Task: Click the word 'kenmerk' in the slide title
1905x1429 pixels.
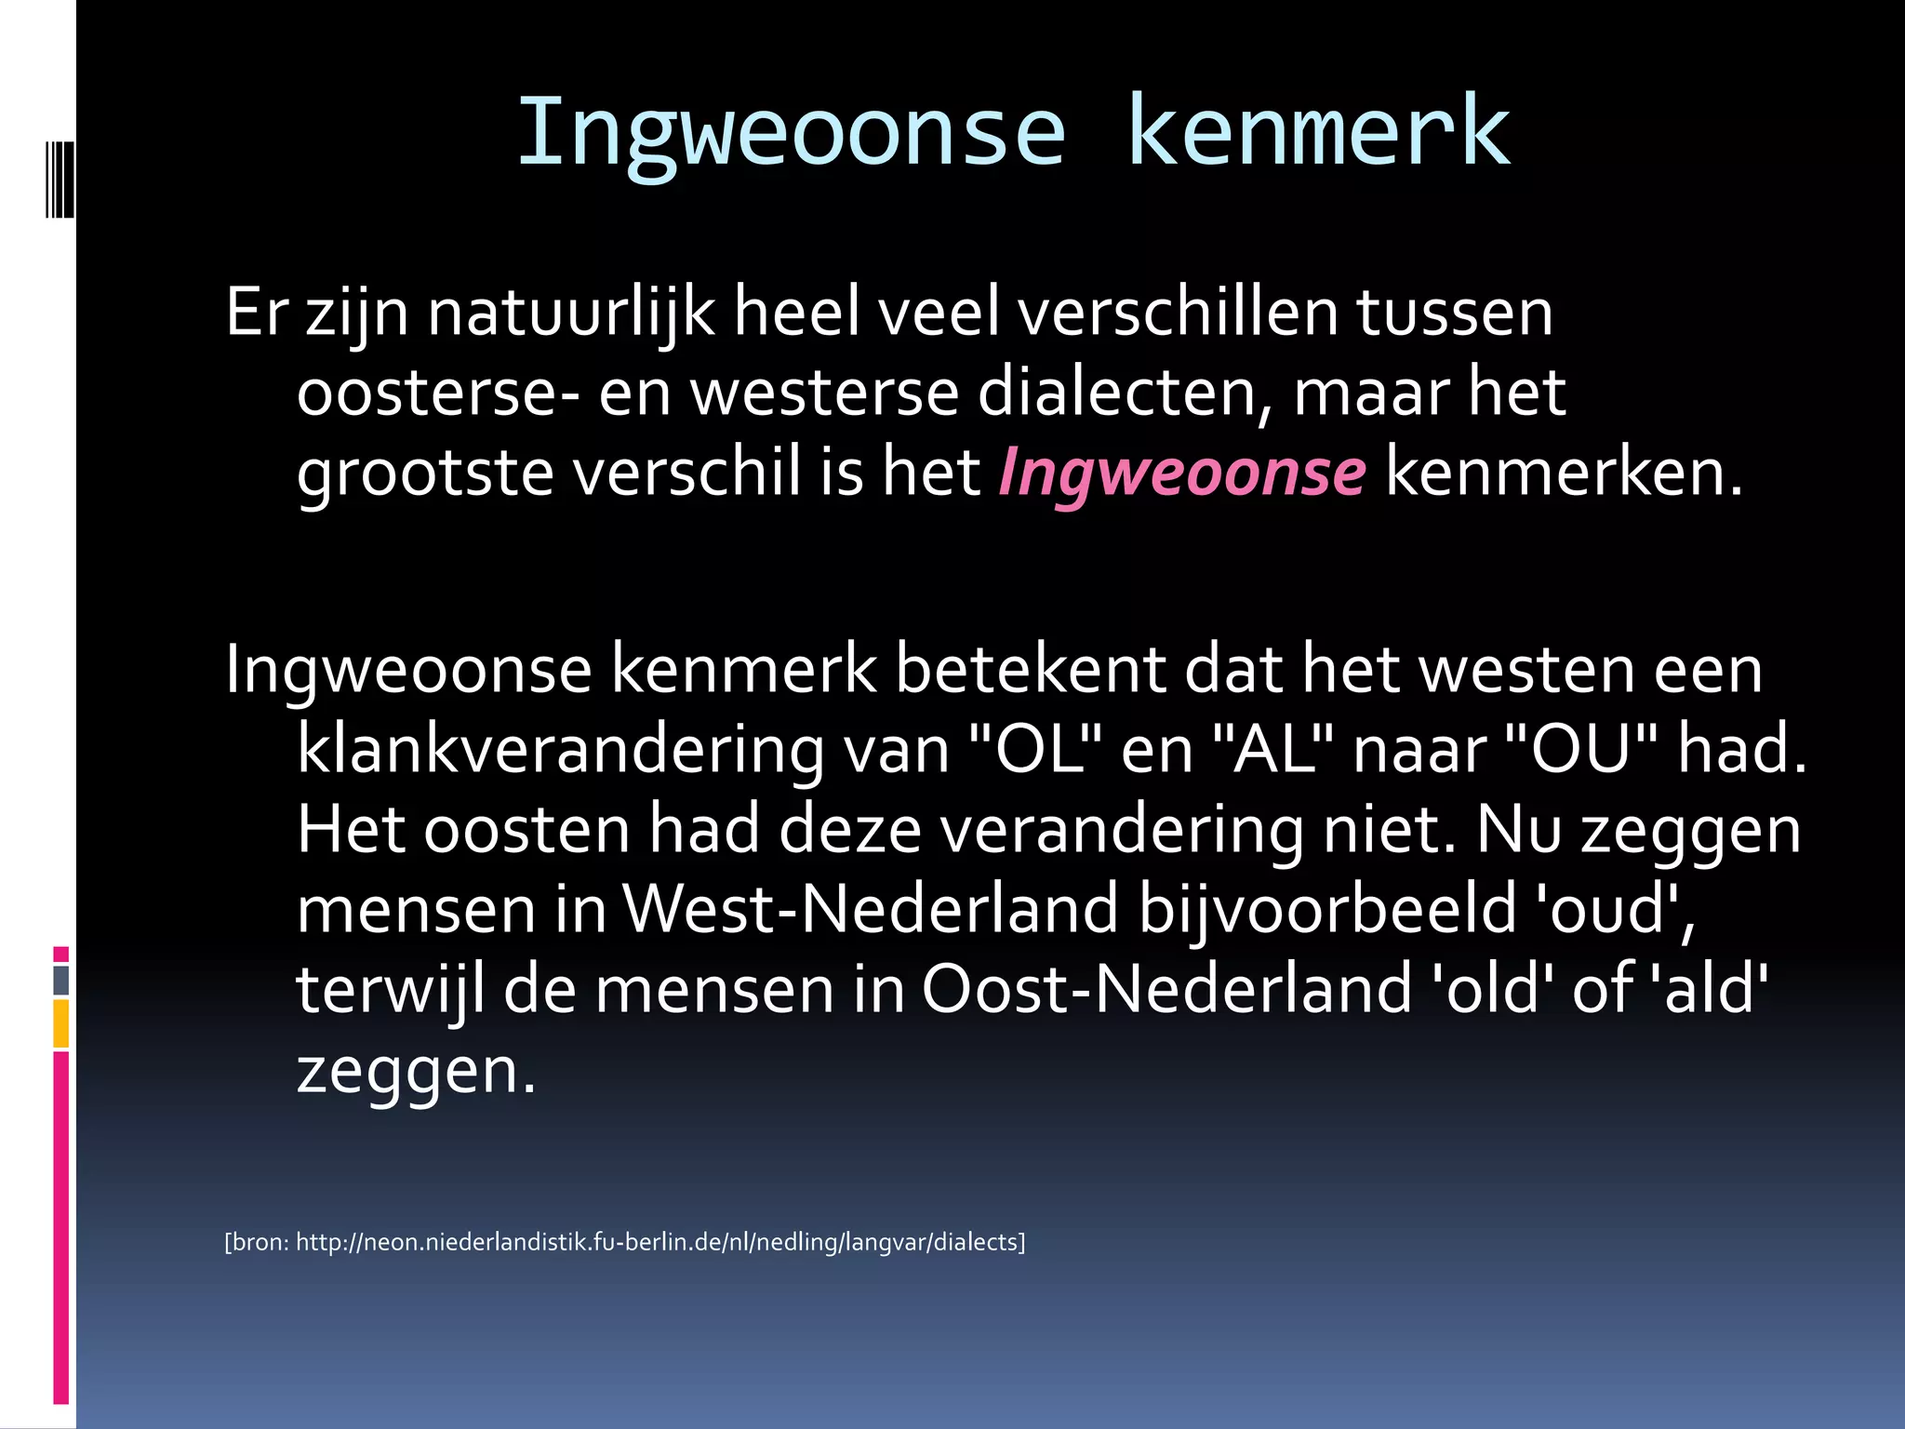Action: (x=1318, y=132)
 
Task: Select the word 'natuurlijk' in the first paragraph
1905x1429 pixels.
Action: (x=571, y=313)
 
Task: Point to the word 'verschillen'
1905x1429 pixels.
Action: (x=1178, y=313)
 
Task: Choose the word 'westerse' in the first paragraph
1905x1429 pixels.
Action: (x=824, y=394)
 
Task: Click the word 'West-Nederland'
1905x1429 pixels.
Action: (x=870, y=910)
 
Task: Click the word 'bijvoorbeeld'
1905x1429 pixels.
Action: (x=1327, y=910)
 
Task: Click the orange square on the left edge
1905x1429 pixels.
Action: (x=61, y=1023)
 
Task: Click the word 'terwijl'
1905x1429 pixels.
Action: (x=391, y=990)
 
